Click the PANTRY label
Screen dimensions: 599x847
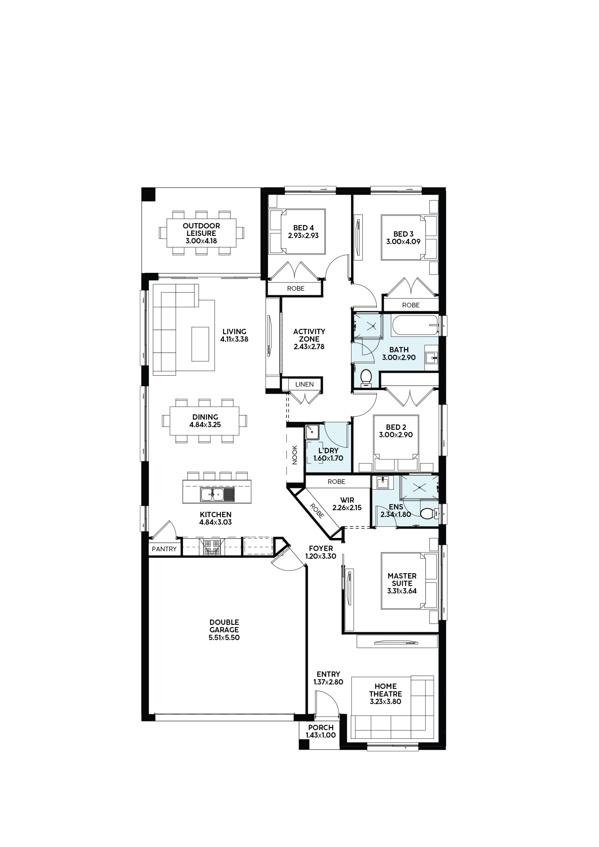coord(164,549)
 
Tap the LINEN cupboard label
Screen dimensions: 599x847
coord(304,384)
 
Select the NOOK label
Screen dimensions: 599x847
coord(295,455)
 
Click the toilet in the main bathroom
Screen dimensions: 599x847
coord(366,378)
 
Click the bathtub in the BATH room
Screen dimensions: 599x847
coord(416,325)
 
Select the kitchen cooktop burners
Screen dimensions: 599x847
coord(212,547)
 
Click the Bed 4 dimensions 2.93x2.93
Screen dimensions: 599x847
coord(303,235)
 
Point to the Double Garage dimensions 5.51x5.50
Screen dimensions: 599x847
coord(224,637)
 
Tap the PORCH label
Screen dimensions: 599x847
coord(321,728)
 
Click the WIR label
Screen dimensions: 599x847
coord(347,500)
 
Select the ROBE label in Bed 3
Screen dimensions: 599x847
coord(411,305)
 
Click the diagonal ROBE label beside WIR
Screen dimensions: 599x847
coord(318,510)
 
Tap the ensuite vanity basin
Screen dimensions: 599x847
coord(382,483)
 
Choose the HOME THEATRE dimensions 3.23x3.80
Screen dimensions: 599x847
coord(386,701)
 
